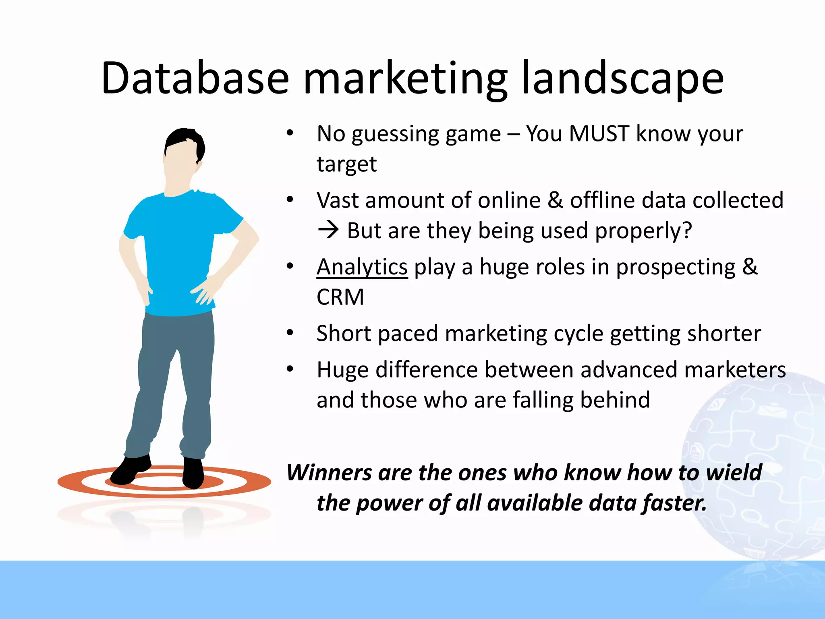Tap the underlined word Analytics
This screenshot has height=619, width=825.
362,267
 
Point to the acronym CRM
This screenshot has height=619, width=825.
340,297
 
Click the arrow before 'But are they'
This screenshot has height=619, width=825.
328,231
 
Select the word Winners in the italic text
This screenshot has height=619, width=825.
329,472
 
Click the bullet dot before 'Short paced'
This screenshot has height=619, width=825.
290,333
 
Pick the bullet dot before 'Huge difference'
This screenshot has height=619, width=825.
290,369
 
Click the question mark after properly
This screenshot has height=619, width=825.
687,231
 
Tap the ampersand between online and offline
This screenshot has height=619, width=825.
555,200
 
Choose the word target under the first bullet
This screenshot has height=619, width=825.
346,164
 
